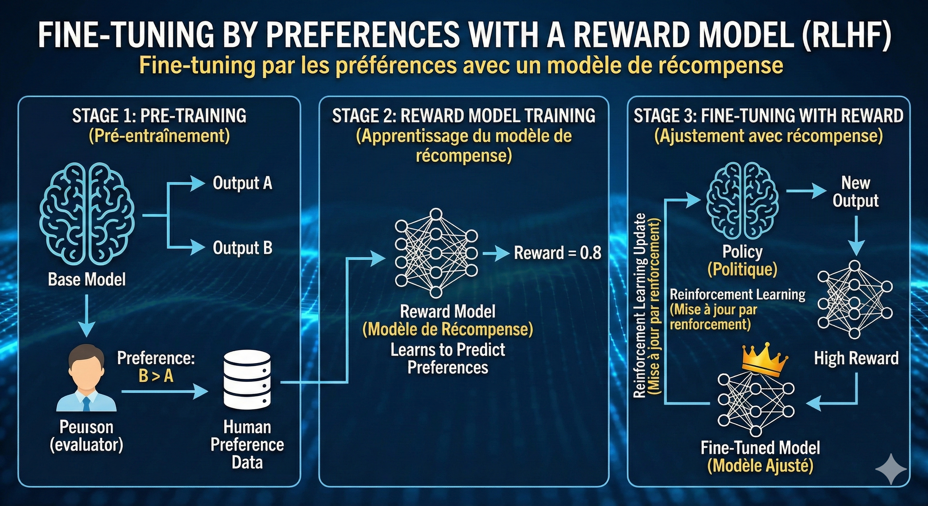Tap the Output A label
pos(242,183)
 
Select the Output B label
pos(242,248)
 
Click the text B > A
pos(156,376)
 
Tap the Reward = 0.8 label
pos(557,253)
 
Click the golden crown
pos(764,358)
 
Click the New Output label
pos(855,192)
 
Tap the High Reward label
pos(856,359)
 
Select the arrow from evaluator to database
pos(164,391)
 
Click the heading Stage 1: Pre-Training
pos(159,116)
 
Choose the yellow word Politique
pos(742,269)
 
